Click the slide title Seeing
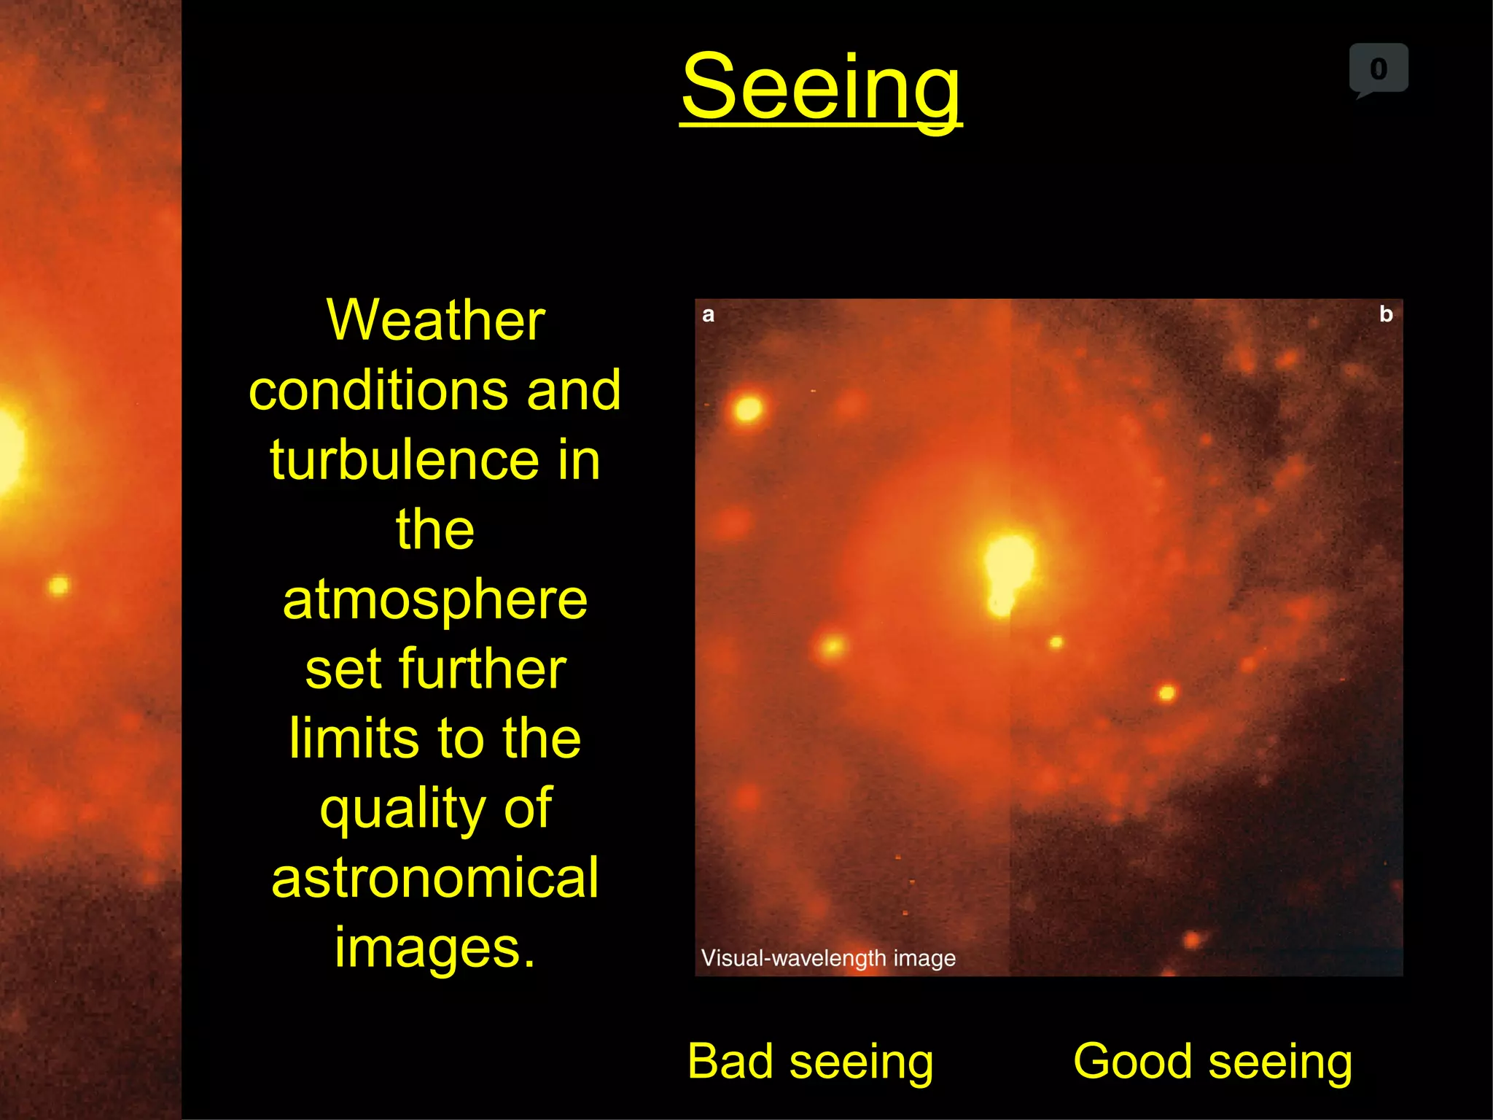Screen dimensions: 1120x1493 pyautogui.click(x=821, y=87)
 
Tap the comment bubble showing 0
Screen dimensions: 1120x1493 pyautogui.click(x=1378, y=69)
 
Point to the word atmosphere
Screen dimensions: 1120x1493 pyautogui.click(x=435, y=599)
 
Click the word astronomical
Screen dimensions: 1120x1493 pyautogui.click(x=435, y=878)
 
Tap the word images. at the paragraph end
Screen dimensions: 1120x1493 pyautogui.click(x=435, y=946)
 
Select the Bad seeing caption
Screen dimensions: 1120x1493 pyautogui.click(x=810, y=1061)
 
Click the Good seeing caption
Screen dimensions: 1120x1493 pyautogui.click(x=1212, y=1061)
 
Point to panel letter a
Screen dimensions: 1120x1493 pyautogui.click(x=708, y=314)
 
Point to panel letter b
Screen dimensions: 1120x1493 pyautogui.click(x=1386, y=314)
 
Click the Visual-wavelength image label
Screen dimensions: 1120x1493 pyautogui.click(x=828, y=957)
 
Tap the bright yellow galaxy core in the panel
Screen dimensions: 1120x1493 pyautogui.click(x=1007, y=565)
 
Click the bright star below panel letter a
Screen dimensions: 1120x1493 pyautogui.click(x=748, y=408)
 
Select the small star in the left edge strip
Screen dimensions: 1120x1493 pyautogui.click(x=58, y=586)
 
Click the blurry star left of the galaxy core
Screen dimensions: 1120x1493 pyautogui.click(x=833, y=646)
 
